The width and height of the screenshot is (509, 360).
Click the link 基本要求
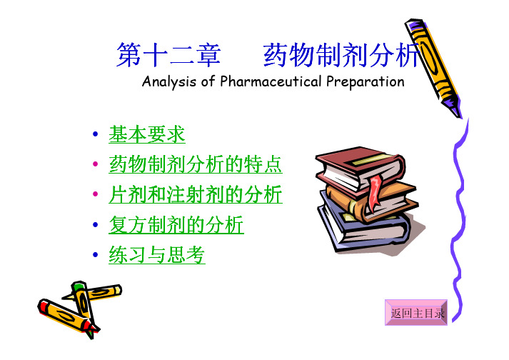point(147,134)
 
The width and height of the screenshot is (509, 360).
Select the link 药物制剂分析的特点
point(196,164)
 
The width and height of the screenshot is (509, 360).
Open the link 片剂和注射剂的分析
point(196,194)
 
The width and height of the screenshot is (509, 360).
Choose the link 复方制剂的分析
point(176,224)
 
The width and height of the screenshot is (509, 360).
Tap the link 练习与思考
point(157,254)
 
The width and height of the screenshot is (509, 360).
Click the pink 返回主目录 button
point(416,313)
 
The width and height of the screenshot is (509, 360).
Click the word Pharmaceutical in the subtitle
point(271,81)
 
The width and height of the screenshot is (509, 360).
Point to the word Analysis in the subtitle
point(169,81)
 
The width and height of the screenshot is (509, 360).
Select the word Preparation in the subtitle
point(366,81)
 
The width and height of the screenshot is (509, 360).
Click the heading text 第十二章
point(168,55)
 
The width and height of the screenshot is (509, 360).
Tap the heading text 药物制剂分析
point(341,55)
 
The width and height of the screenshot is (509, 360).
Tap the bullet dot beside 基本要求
point(95,134)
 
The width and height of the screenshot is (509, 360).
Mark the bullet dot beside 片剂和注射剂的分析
point(95,194)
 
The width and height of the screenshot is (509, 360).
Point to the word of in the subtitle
point(208,81)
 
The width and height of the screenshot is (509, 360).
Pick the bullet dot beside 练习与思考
point(95,254)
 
